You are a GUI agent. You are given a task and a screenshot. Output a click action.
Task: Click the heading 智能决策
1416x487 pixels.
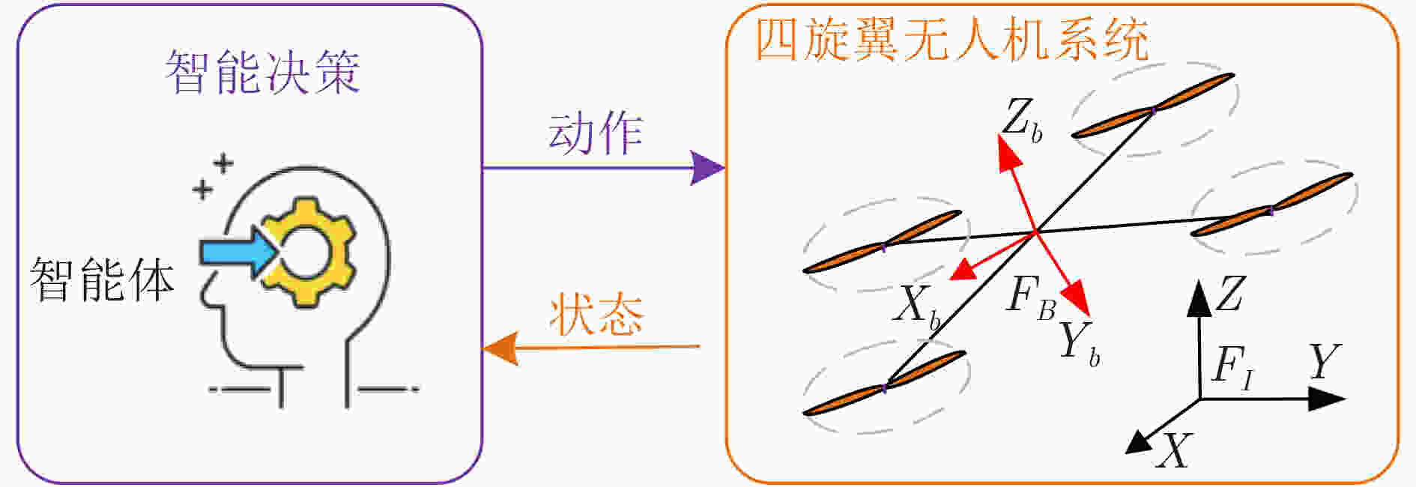pyautogui.click(x=262, y=72)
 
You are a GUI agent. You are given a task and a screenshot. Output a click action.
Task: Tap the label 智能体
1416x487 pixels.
pyautogui.click(x=102, y=279)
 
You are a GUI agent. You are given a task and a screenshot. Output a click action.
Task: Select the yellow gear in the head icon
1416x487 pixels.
pyautogui.click(x=307, y=251)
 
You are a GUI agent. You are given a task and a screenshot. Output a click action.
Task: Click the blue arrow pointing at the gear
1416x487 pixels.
pyautogui.click(x=239, y=252)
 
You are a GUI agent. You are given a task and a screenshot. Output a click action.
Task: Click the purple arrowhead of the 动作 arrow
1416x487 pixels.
pyautogui.click(x=707, y=168)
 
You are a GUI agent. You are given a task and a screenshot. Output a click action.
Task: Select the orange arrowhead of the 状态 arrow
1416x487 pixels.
pyautogui.click(x=500, y=348)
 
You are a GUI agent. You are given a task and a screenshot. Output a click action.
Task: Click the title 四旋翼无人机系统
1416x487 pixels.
pyautogui.click(x=951, y=39)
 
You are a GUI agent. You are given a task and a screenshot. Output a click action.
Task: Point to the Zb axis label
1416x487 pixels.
pyautogui.click(x=1023, y=120)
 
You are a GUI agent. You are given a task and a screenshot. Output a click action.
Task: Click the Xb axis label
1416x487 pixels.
pyautogui.click(x=916, y=307)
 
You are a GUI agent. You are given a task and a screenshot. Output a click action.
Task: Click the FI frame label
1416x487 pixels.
pyautogui.click(x=1232, y=368)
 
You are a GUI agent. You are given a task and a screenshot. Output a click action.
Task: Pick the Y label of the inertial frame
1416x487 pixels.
pyautogui.click(x=1325, y=362)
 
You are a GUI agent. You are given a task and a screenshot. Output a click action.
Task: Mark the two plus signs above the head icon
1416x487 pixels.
pyautogui.click(x=213, y=176)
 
